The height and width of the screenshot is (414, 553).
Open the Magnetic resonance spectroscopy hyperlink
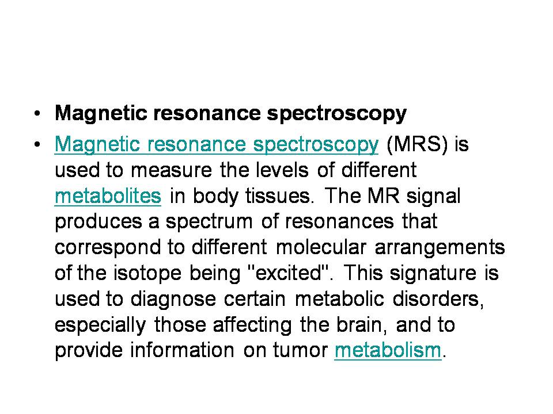click(x=216, y=144)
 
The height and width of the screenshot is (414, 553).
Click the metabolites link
click(x=107, y=196)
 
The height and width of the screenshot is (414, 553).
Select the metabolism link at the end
click(x=387, y=350)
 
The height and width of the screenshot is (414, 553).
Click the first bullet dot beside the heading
click(x=37, y=113)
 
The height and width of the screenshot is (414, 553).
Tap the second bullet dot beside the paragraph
click(x=37, y=144)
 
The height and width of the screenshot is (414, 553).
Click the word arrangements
click(x=440, y=248)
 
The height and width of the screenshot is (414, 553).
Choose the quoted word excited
click(x=286, y=273)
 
